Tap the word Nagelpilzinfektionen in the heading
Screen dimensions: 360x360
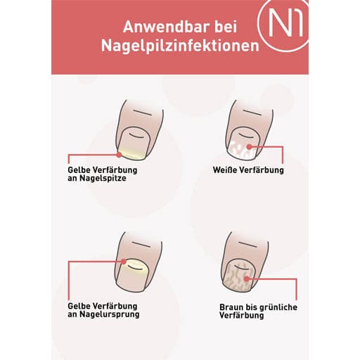coord(180,46)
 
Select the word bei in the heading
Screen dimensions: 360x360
coord(226,27)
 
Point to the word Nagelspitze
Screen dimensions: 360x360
coord(103,178)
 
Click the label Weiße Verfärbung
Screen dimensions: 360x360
coord(248,170)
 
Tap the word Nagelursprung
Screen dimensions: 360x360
coord(110,314)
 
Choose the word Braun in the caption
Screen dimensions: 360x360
coord(231,307)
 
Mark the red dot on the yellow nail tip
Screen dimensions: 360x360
coord(119,155)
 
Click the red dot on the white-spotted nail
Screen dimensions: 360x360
coord(249,147)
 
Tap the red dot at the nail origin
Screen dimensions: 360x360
coord(124,262)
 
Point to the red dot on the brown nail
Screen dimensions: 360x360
coord(246,279)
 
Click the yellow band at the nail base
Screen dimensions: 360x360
coord(136,266)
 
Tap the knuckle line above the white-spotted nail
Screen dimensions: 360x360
coord(252,112)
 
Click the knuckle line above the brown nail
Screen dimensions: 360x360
coord(247,245)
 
